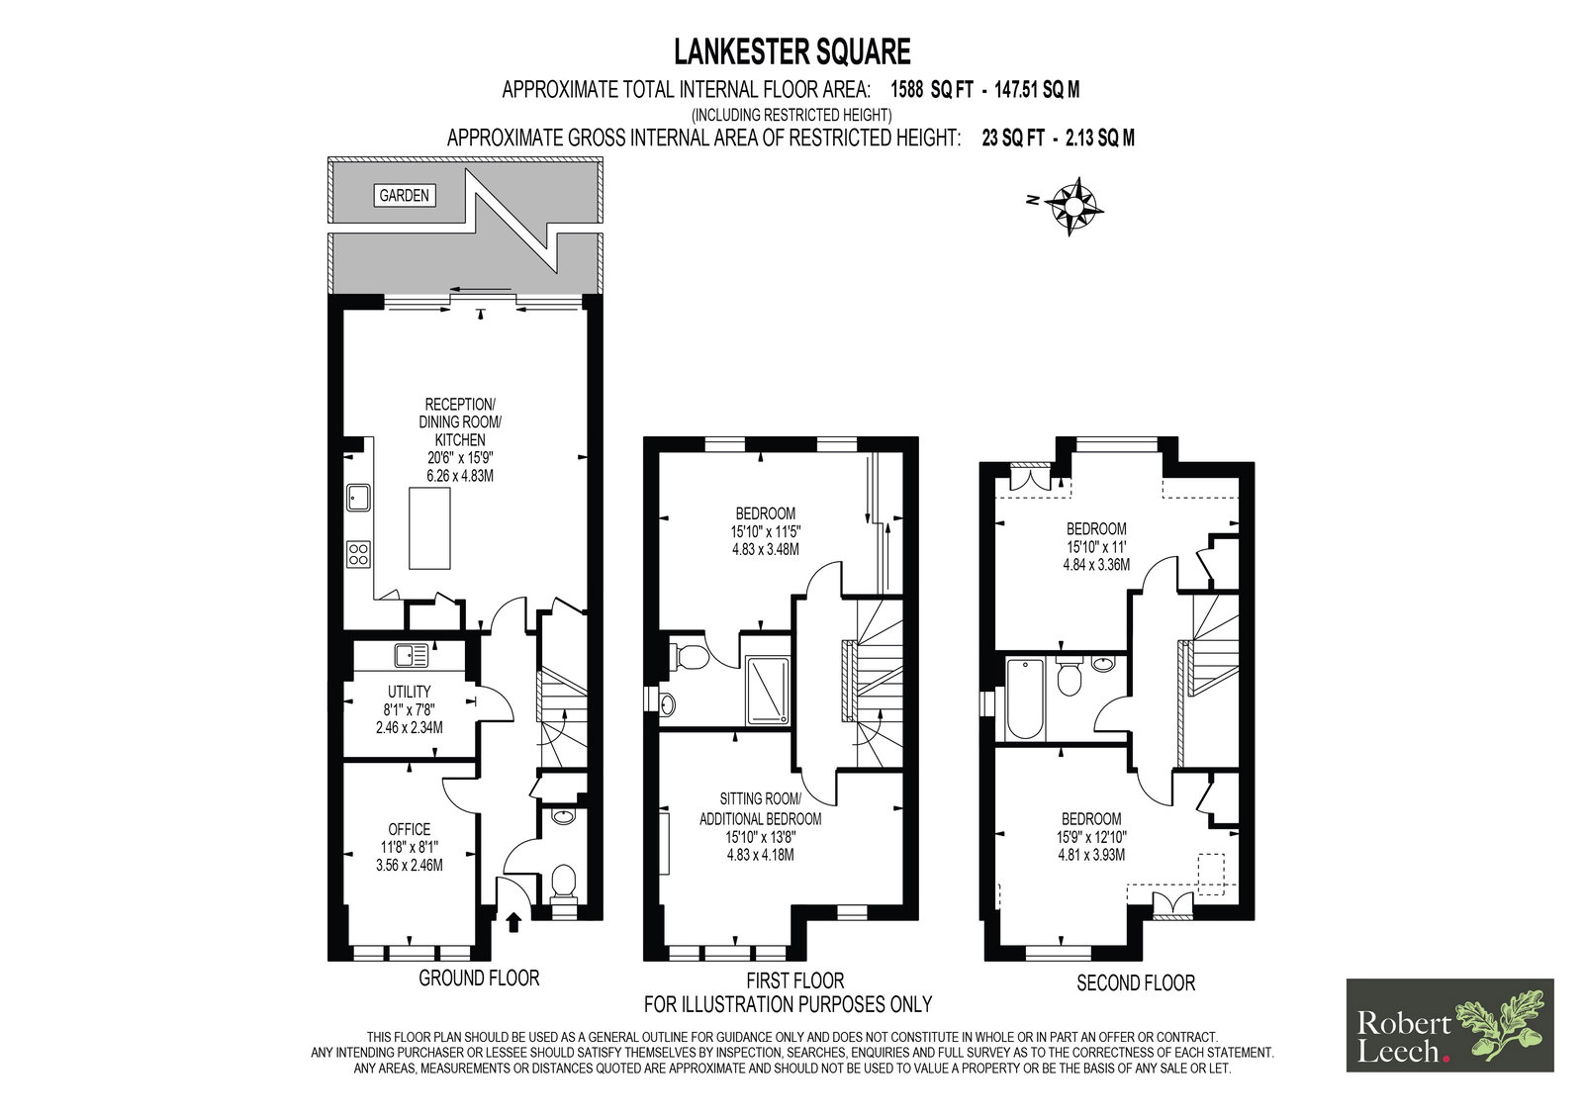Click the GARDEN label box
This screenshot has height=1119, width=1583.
405,195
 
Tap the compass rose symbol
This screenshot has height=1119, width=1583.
1072,206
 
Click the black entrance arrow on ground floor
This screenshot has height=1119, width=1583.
513,922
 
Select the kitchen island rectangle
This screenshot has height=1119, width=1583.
429,527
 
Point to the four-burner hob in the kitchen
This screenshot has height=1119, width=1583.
358,553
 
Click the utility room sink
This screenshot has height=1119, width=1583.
412,655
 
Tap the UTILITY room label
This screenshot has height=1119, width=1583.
410,692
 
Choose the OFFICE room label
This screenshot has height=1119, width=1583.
410,829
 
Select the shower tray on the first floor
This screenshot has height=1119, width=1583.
768,691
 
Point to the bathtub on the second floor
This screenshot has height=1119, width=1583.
1024,699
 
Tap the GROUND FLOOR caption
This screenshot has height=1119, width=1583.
479,979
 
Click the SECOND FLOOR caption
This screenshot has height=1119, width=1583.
1136,982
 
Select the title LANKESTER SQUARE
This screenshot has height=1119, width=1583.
792,51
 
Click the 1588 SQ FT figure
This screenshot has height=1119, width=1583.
931,90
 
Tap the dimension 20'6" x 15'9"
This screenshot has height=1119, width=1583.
460,457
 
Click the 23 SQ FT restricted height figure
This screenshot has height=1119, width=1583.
1013,138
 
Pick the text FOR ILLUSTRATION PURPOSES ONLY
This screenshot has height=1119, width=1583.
788,1004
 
